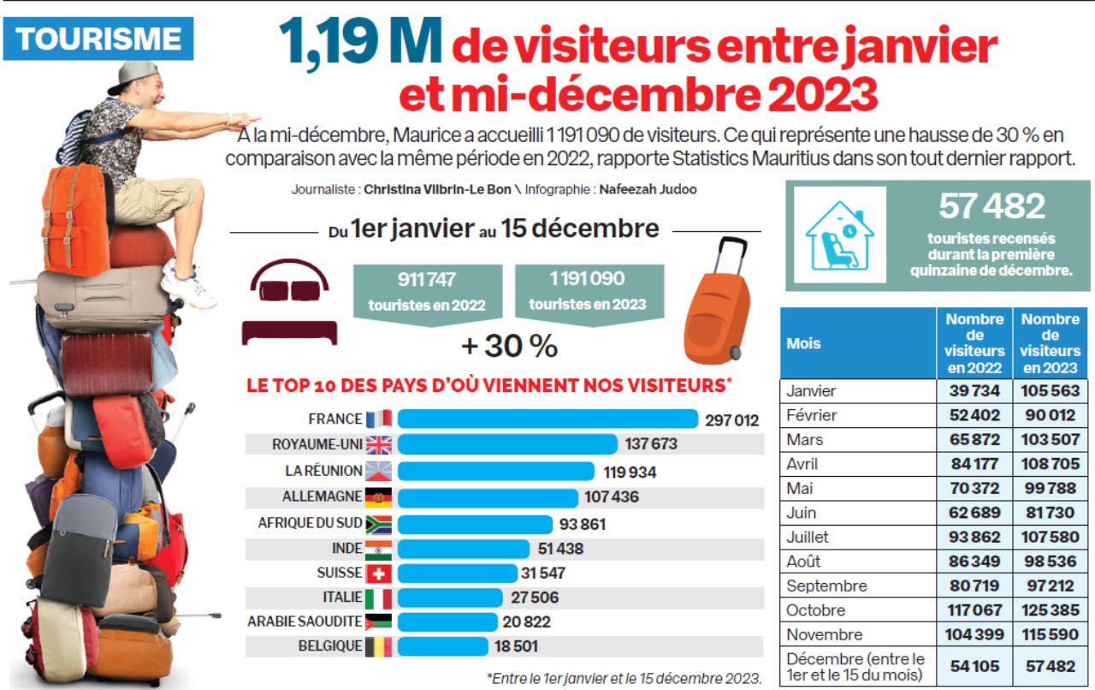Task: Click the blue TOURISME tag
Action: pos(98,39)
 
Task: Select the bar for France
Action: pos(547,419)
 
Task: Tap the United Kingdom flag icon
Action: pos(378,444)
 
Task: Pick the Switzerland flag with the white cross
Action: pos(378,574)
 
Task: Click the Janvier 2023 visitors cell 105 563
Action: pos(1051,391)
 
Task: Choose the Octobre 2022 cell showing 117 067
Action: pos(975,610)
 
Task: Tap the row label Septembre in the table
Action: pos(826,586)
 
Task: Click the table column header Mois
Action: pos(803,343)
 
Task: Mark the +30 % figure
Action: pos(510,346)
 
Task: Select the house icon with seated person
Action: pos(838,235)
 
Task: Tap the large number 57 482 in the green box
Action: pos(991,206)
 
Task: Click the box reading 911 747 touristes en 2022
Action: pos(427,291)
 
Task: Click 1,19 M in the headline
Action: pos(359,45)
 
